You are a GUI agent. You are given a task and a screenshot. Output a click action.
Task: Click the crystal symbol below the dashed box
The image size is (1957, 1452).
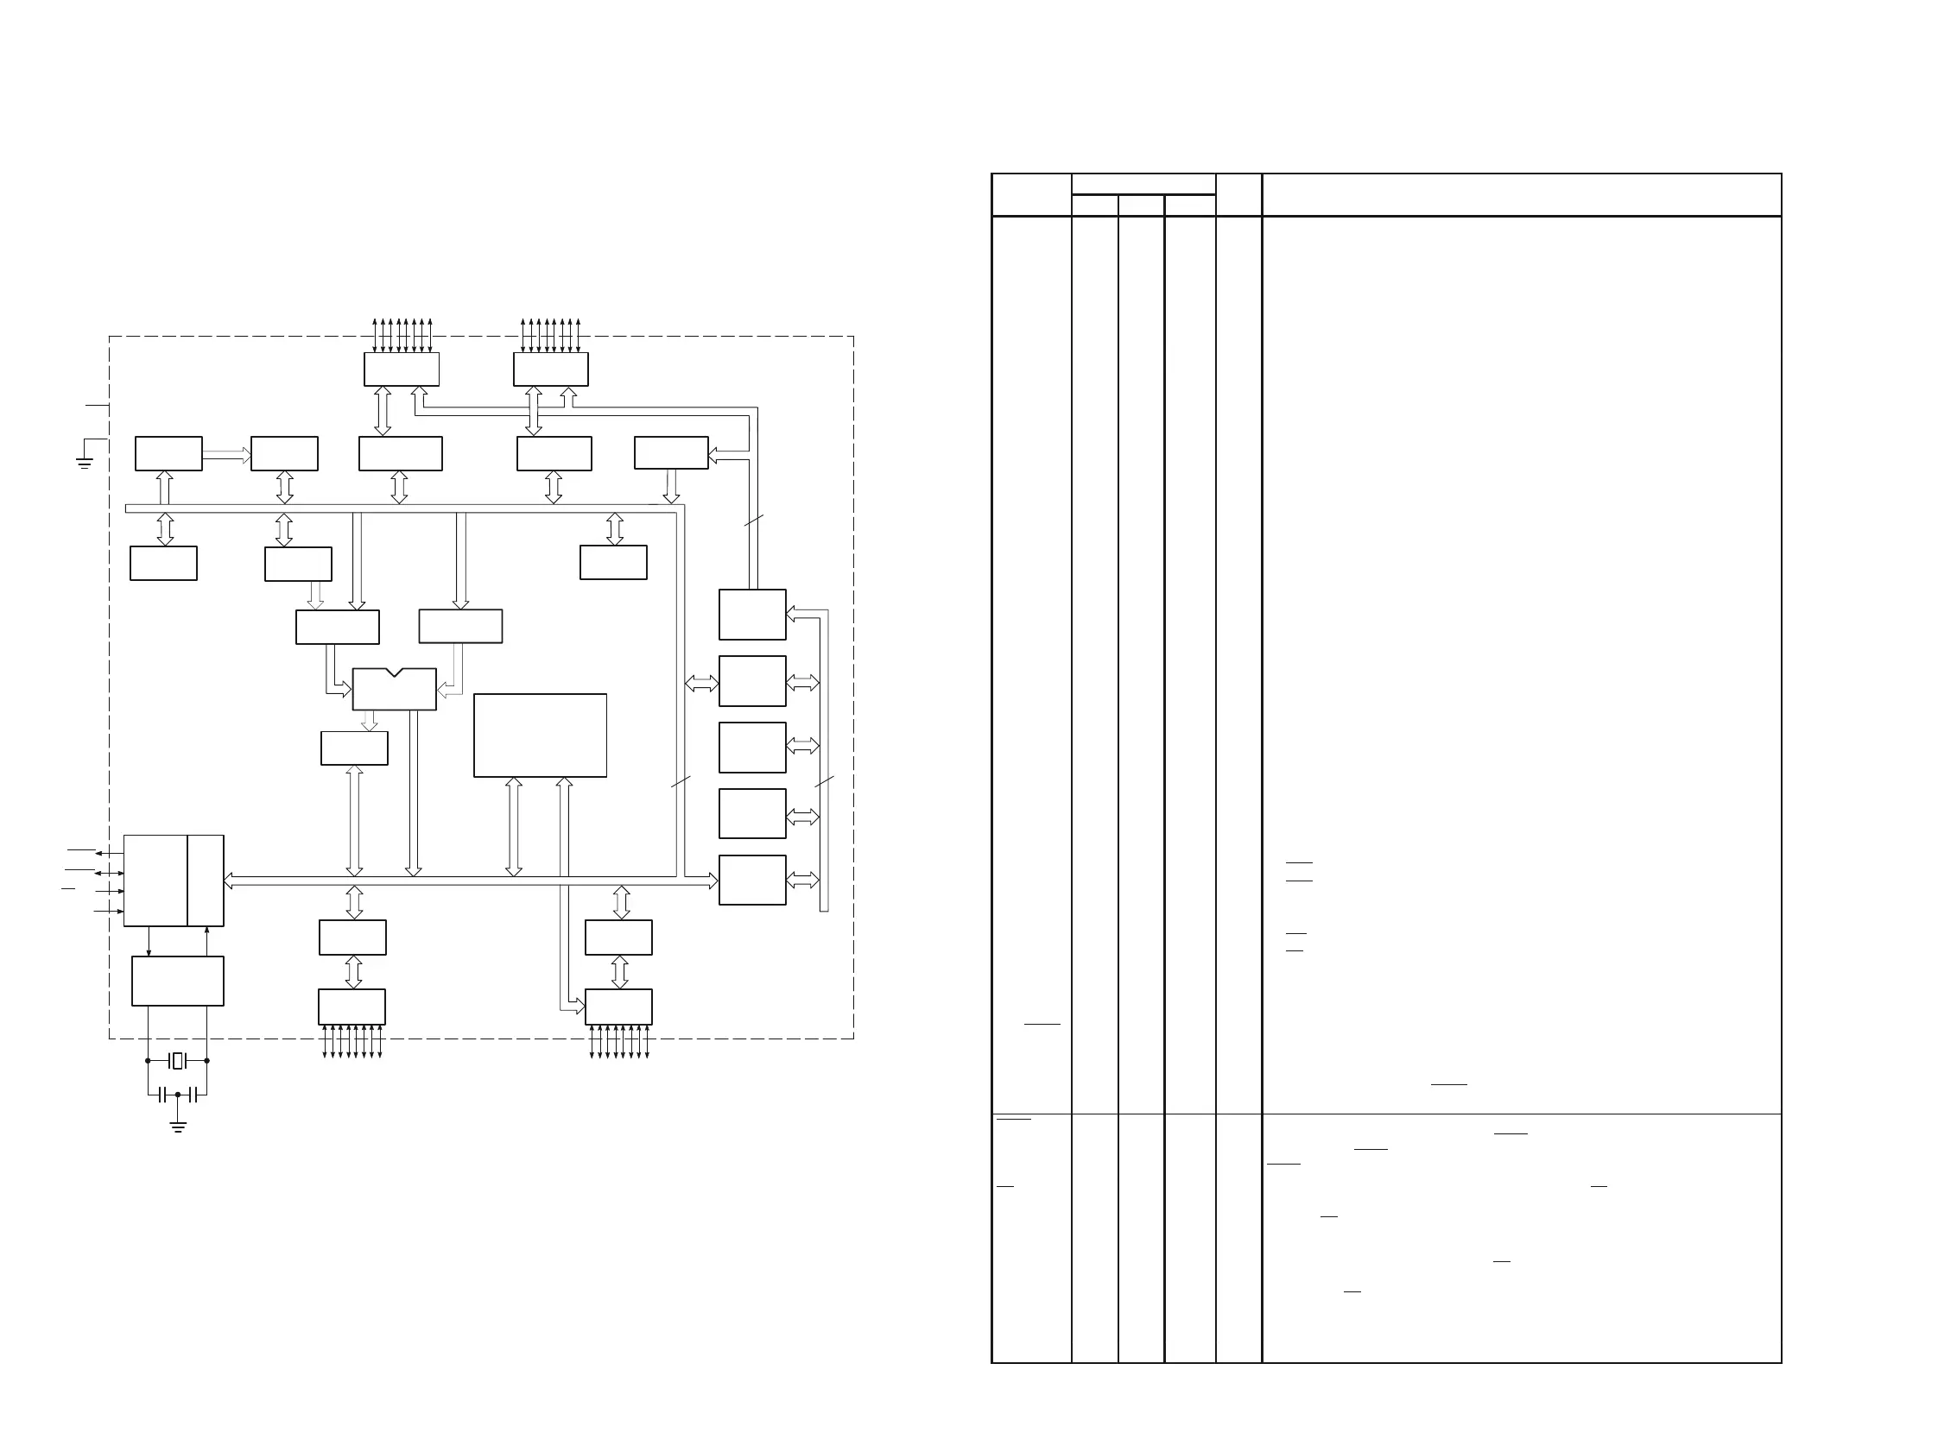178,1061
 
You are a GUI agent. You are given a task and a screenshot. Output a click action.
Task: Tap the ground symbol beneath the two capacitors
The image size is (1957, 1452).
178,1126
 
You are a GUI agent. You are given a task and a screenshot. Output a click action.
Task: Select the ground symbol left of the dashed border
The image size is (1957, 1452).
85,463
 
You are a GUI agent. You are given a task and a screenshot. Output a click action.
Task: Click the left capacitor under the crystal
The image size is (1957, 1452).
161,1095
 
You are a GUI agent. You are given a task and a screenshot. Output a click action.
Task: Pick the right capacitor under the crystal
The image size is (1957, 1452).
193,1095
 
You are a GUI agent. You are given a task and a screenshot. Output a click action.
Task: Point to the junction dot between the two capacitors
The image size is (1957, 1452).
178,1095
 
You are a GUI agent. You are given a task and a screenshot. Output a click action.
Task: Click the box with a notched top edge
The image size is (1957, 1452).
394,689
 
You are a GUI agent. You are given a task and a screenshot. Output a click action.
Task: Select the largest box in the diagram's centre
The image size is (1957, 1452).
540,735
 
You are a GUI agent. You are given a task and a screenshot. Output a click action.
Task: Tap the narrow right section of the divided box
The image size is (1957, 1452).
206,881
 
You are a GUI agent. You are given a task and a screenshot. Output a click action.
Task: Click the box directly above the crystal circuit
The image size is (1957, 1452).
178,981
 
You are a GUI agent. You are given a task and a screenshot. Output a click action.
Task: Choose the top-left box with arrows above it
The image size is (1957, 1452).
402,369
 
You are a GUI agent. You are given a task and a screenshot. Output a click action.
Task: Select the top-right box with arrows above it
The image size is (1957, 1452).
550,369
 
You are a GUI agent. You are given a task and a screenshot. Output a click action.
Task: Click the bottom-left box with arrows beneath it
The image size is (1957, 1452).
351,1007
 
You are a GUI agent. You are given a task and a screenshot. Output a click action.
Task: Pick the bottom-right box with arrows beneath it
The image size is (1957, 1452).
618,1007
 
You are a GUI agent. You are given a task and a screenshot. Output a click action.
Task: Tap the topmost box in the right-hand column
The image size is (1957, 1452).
751,615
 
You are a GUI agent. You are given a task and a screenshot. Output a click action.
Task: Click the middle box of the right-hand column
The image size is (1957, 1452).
751,747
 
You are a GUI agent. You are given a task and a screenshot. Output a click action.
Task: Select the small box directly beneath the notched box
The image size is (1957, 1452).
354,748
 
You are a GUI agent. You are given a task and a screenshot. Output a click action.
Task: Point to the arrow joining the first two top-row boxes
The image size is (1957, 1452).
227,454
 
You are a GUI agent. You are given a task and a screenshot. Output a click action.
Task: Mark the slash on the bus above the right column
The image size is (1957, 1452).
753,521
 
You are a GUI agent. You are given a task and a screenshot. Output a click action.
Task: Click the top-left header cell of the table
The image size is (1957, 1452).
1031,195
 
